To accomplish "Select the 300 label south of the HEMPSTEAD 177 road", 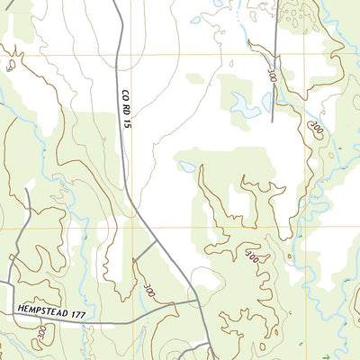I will click(41, 334).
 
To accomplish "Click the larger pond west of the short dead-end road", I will click(244, 106).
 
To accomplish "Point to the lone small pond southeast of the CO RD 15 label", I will click(186, 166).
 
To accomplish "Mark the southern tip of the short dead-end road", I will click(272, 120).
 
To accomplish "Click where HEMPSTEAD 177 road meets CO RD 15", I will click(200, 304).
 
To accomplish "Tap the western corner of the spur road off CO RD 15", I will click(134, 260).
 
